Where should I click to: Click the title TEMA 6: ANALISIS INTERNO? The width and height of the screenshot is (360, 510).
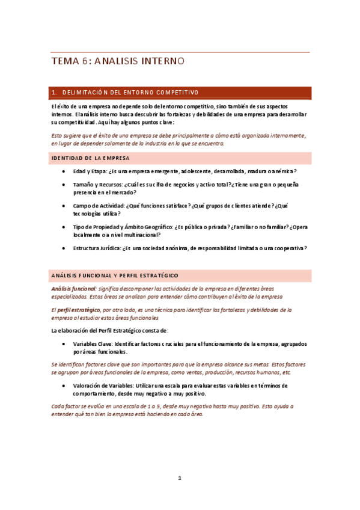117,61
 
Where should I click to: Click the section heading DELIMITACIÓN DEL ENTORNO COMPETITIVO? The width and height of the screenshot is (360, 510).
130,93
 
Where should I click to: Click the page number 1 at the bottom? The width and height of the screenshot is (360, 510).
179,478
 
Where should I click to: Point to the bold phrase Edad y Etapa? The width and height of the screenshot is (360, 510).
90,171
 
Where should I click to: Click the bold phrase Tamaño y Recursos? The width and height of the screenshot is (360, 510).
98,184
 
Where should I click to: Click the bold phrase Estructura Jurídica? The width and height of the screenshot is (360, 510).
98,248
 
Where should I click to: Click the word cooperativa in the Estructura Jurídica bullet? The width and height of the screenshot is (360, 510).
287,248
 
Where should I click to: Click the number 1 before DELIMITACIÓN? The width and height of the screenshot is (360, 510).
54,93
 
